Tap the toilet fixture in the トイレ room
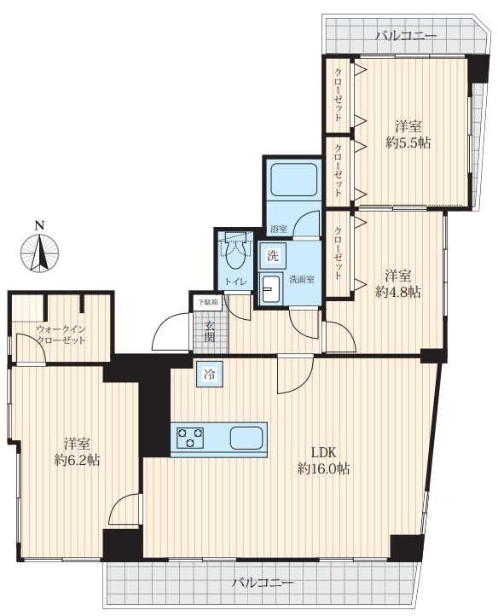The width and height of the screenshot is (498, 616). point(235,250)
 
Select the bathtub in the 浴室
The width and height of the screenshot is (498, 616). point(293,179)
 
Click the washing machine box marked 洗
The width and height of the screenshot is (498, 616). point(273,256)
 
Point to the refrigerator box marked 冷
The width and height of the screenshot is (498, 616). point(210,375)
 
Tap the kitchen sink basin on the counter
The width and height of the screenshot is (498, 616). point(246,438)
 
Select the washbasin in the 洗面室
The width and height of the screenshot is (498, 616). point(269,288)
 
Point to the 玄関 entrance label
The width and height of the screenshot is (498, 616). point(211,331)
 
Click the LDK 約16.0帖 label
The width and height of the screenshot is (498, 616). point(323,461)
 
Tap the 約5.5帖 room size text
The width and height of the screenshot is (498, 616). point(408,143)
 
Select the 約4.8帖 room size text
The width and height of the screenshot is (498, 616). point(398,292)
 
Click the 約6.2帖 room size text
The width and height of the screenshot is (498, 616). point(77,460)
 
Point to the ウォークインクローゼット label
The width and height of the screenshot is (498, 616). point(60,334)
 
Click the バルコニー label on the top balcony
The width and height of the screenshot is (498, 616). point(406,36)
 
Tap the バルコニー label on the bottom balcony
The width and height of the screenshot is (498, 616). point(263,582)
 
